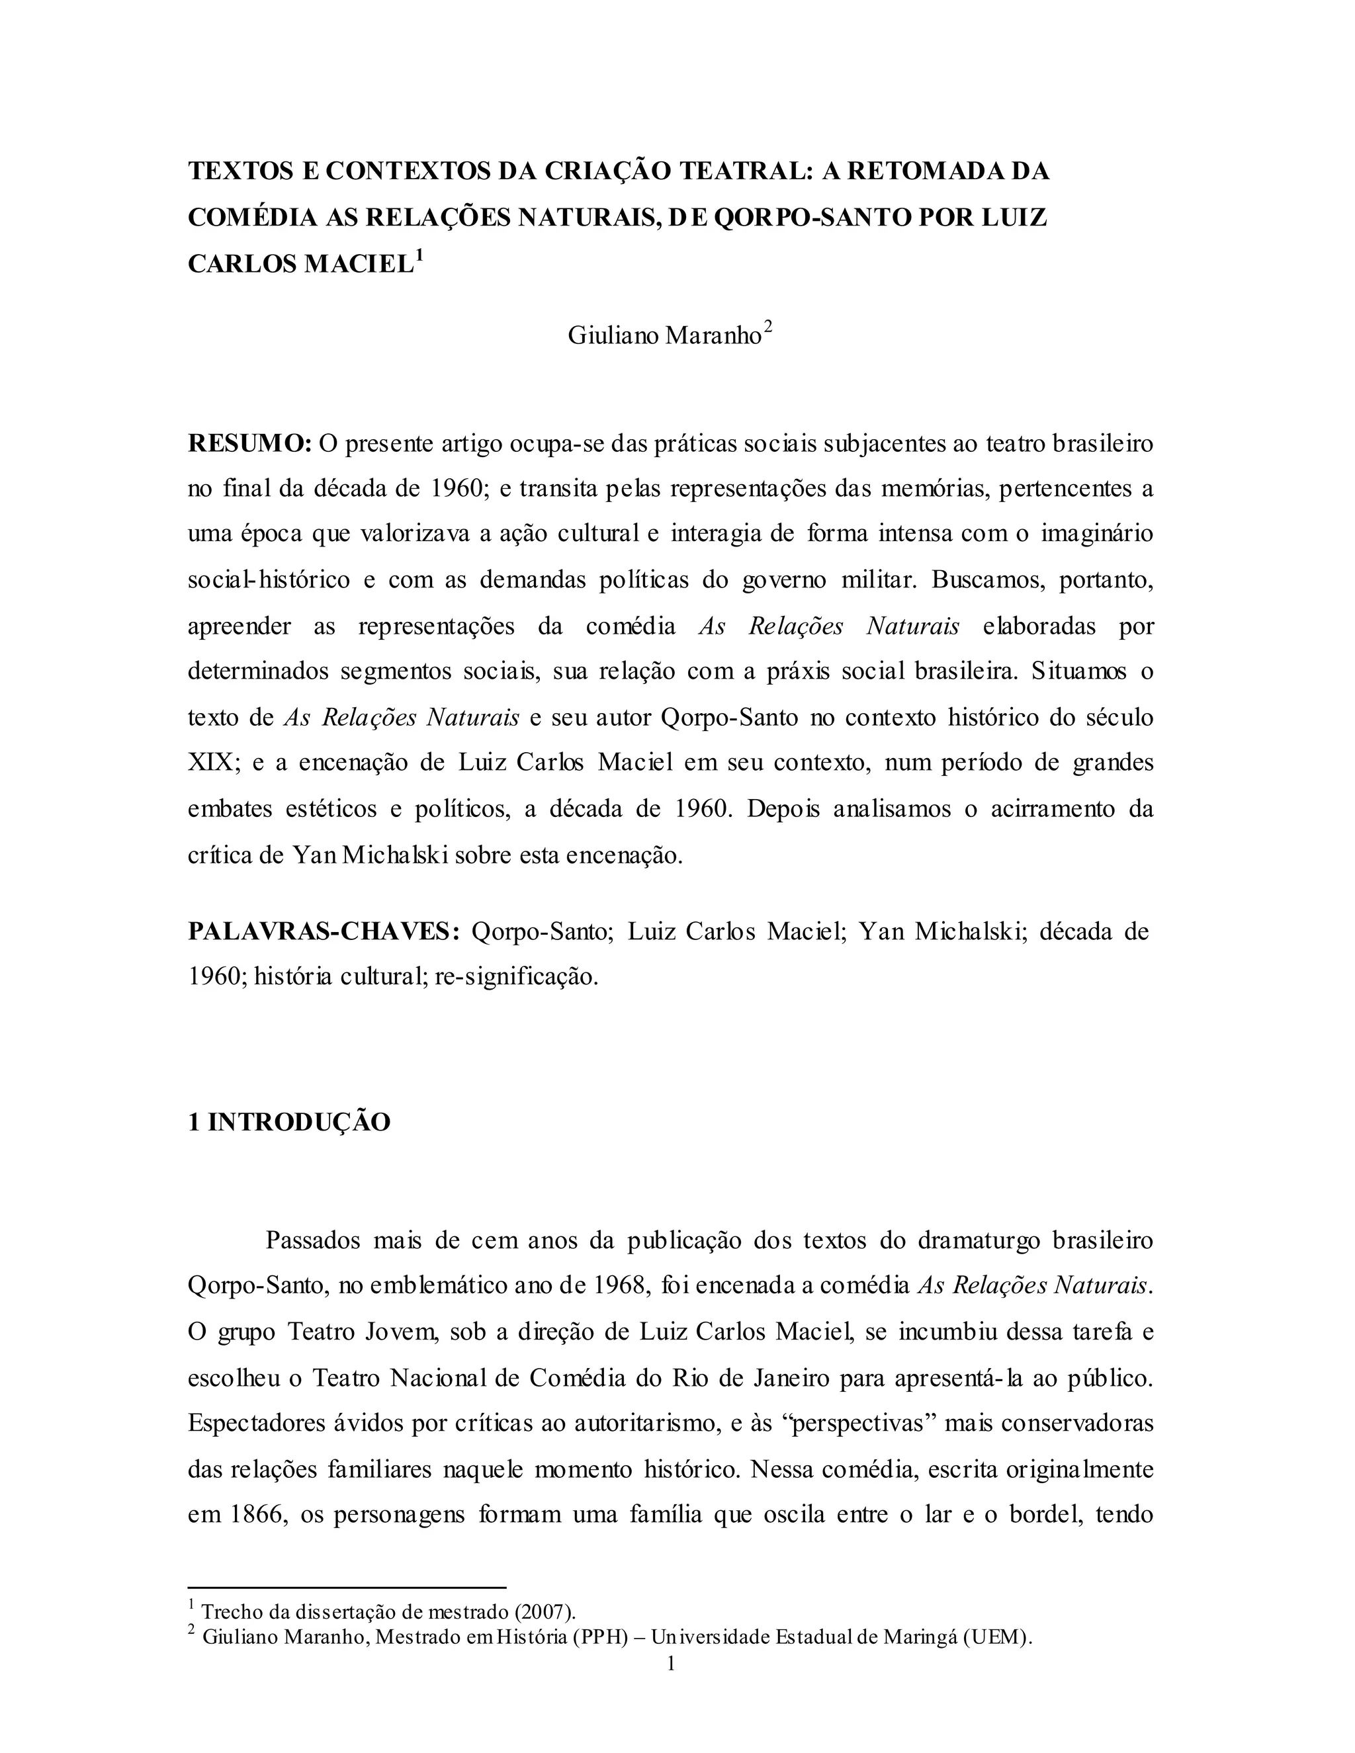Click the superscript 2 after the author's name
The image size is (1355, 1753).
(768, 327)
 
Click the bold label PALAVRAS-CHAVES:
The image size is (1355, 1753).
(324, 931)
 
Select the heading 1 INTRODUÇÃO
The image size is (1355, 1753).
(289, 1122)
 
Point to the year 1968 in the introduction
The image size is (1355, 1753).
(621, 1286)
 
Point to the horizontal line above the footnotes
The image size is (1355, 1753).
(347, 1587)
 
